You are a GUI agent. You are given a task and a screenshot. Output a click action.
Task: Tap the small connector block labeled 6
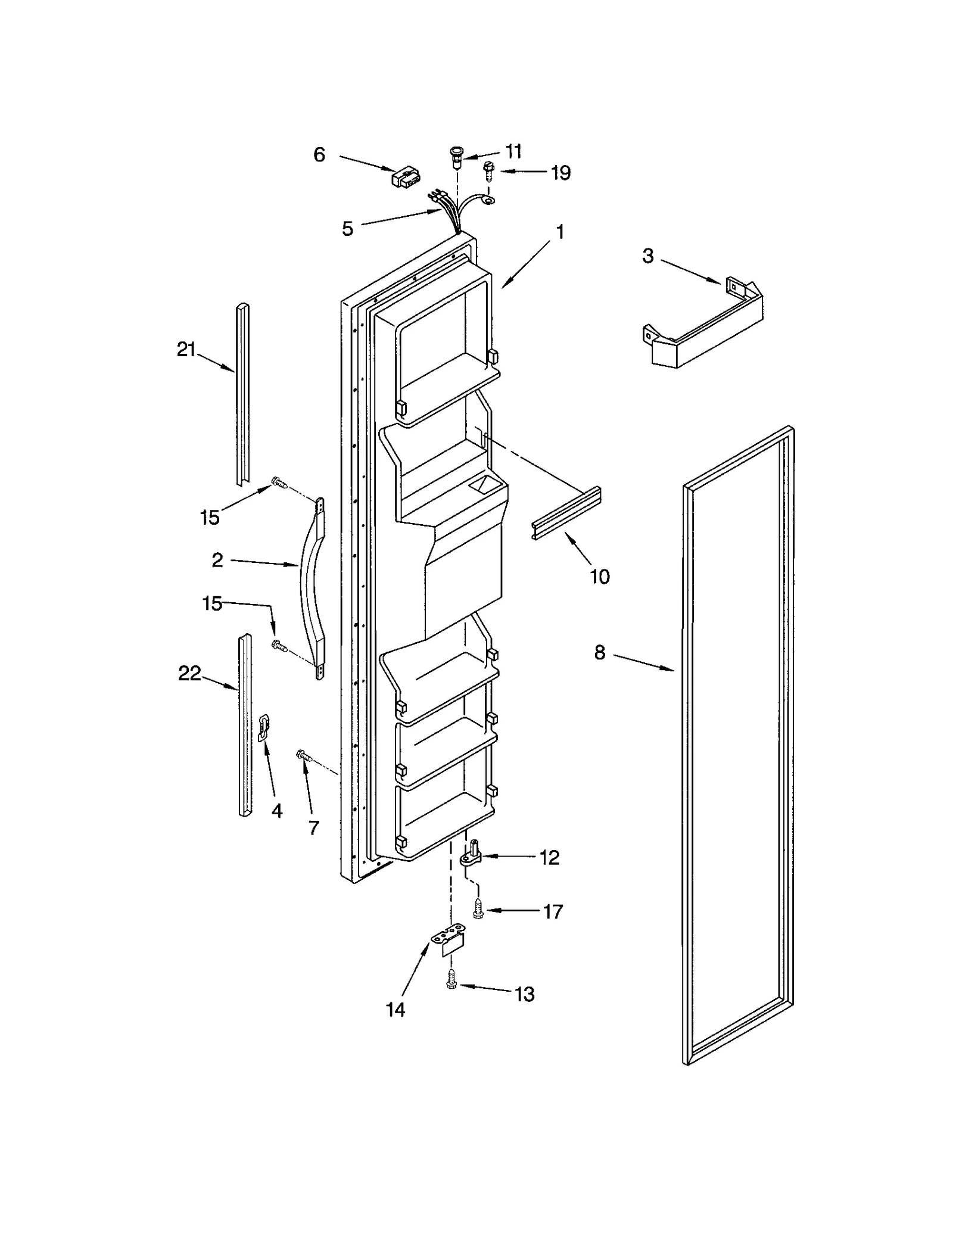point(404,178)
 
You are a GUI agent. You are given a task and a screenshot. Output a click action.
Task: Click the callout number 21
point(186,350)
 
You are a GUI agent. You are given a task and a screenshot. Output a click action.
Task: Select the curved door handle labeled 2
point(314,587)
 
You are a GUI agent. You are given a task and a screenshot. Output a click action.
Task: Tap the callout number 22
point(189,674)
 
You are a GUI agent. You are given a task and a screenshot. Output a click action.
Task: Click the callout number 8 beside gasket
point(599,653)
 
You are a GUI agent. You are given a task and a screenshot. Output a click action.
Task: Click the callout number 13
point(524,994)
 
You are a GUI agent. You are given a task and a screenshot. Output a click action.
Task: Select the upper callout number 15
point(210,517)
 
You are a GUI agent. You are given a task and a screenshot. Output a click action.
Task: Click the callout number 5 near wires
point(347,229)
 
